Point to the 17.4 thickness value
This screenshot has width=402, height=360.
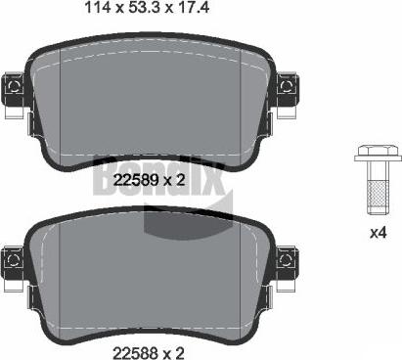(194, 7)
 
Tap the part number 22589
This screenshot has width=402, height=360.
(136, 180)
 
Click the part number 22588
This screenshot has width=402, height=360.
(136, 353)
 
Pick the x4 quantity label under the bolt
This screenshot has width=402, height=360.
(379, 233)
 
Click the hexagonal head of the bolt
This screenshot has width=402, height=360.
(378, 151)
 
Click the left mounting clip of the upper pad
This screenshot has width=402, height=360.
(13, 88)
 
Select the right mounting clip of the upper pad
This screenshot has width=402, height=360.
(288, 88)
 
